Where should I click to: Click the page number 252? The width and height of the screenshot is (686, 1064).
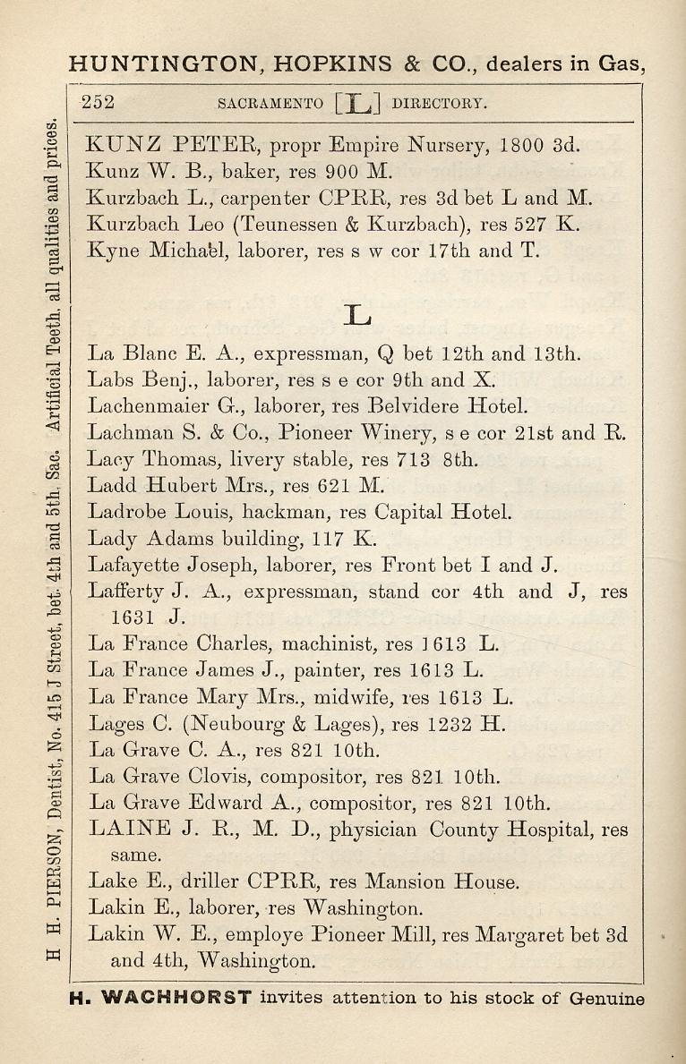(98, 102)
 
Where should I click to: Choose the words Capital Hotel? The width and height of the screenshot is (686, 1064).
(443, 513)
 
